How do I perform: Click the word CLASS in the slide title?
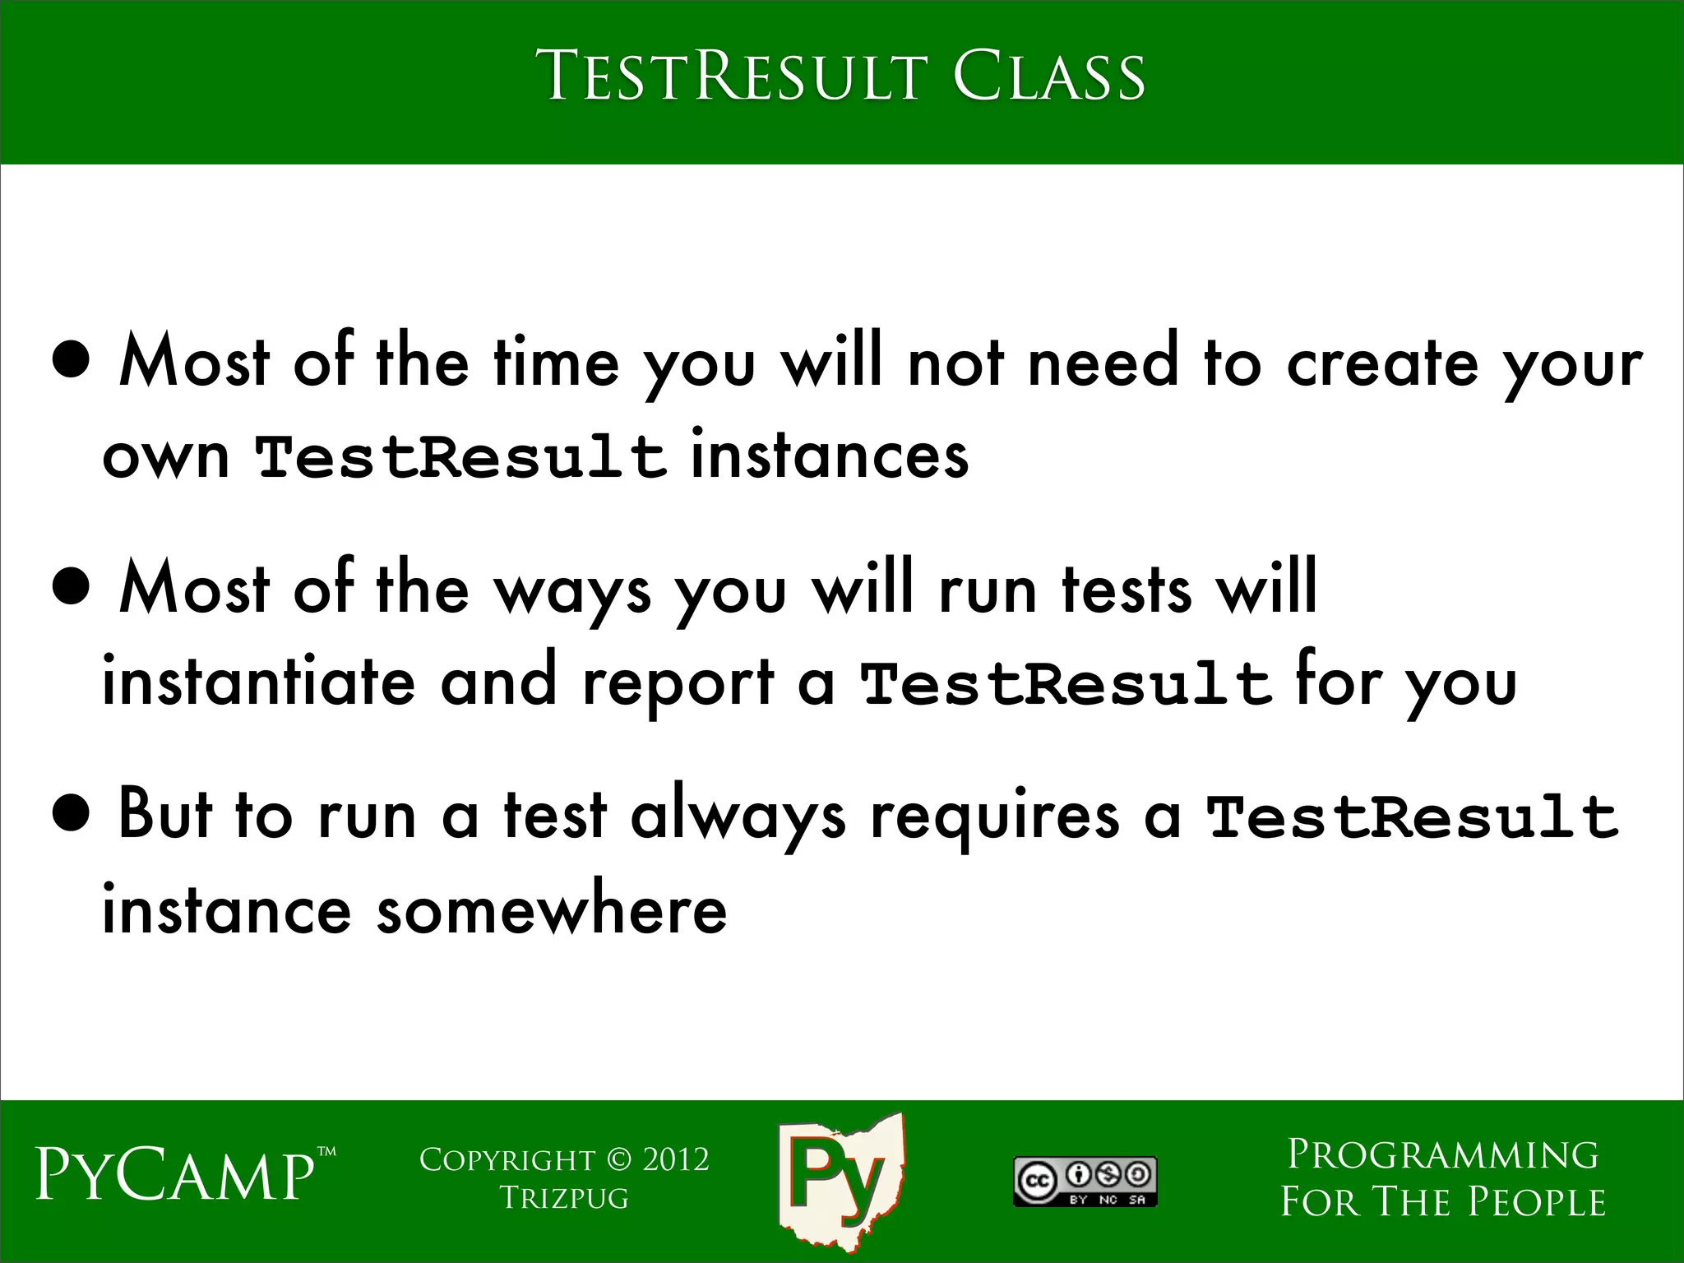pyautogui.click(x=1048, y=76)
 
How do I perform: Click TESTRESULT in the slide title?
pyautogui.click(x=735, y=76)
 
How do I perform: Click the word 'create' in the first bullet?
pyautogui.click(x=1382, y=363)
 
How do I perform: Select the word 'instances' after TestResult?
pyautogui.click(x=830, y=456)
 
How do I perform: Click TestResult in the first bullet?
pyautogui.click(x=460, y=457)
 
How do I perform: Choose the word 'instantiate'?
pyautogui.click(x=258, y=682)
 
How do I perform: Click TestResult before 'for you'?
pyautogui.click(x=1066, y=684)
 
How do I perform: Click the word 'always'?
pyautogui.click(x=738, y=817)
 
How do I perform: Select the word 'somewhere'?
pyautogui.click(x=552, y=910)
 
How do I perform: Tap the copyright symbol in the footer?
pyautogui.click(x=616, y=1160)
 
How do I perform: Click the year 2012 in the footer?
pyautogui.click(x=676, y=1160)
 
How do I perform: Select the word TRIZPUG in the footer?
pyautogui.click(x=564, y=1198)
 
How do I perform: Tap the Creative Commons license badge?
pyautogui.click(x=1085, y=1182)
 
